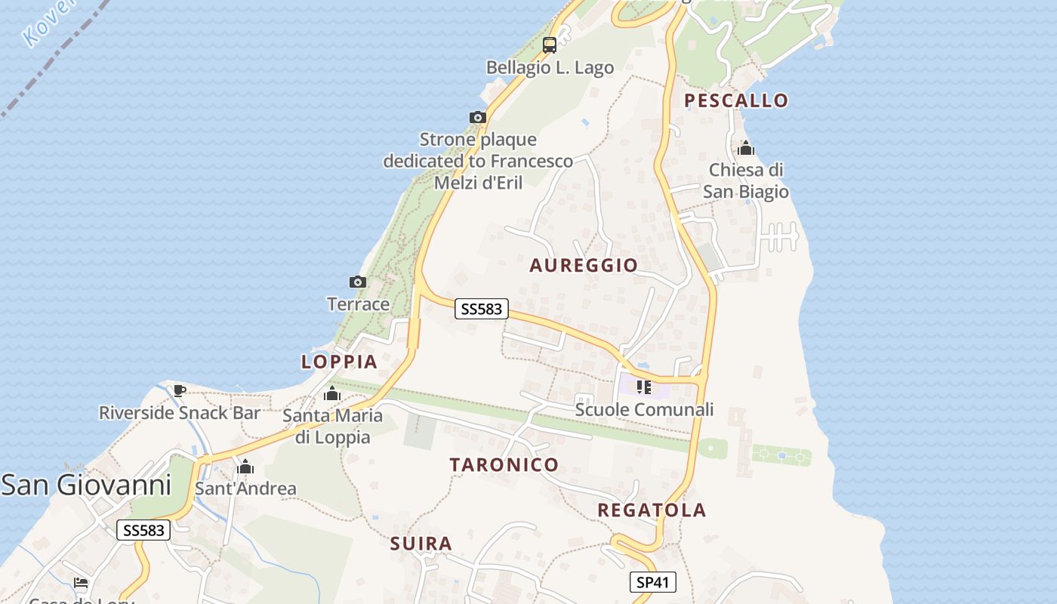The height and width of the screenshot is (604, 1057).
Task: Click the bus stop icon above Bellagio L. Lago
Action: pos(550,45)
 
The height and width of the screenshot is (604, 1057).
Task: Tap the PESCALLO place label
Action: pos(735,100)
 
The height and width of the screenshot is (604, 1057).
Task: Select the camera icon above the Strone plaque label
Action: pos(477,118)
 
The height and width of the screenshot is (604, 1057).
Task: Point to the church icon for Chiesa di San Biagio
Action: pos(746,149)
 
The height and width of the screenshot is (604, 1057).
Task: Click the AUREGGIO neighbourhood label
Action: pos(584,265)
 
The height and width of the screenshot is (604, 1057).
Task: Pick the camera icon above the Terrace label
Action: pos(358,282)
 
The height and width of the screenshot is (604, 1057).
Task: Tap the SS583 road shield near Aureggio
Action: pos(482,309)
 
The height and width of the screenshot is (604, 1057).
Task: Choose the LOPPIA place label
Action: pos(339,362)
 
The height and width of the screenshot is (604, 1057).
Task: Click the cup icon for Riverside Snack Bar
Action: pos(180,390)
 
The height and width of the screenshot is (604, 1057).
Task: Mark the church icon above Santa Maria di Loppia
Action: pos(332,393)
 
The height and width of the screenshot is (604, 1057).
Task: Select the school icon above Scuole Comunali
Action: pos(643,387)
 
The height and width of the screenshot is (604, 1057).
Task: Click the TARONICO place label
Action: pos(504,464)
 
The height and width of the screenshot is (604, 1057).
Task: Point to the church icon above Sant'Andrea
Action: pos(245,467)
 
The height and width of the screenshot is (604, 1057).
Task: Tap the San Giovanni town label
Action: pos(86,485)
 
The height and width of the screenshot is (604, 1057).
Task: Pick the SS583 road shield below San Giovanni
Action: pos(143,530)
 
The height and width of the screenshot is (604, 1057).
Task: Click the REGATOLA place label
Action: pos(652,510)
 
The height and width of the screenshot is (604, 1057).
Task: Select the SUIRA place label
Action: pos(421,544)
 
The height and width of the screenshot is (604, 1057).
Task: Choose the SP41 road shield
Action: pos(652,582)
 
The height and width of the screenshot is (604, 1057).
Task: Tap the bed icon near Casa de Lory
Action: pos(81,583)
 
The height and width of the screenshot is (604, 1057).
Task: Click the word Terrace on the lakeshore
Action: pos(358,304)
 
